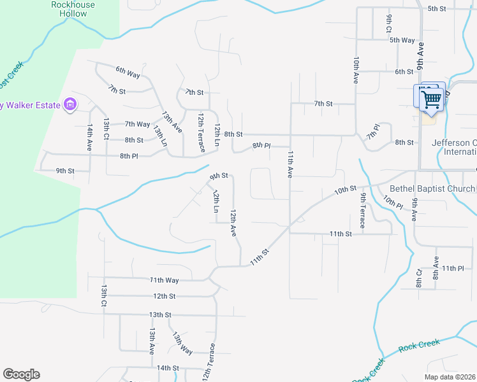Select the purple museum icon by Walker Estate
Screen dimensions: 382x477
pyautogui.click(x=70, y=104)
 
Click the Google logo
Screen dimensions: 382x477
pyautogui.click(x=21, y=374)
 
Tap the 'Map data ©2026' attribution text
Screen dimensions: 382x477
pyautogui.click(x=450, y=377)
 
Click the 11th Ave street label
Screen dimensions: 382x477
pyautogui.click(x=290, y=164)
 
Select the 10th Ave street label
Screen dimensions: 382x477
pyautogui.click(x=356, y=69)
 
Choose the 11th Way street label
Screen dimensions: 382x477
pyautogui.click(x=164, y=279)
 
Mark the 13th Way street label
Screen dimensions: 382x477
pyautogui.click(x=182, y=343)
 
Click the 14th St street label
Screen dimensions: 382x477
pyautogui.click(x=168, y=367)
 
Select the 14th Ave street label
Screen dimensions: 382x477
pyautogui.click(x=91, y=137)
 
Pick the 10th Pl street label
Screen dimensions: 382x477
pyautogui.click(x=393, y=202)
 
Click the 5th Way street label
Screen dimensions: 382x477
pyautogui.click(x=402, y=40)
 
